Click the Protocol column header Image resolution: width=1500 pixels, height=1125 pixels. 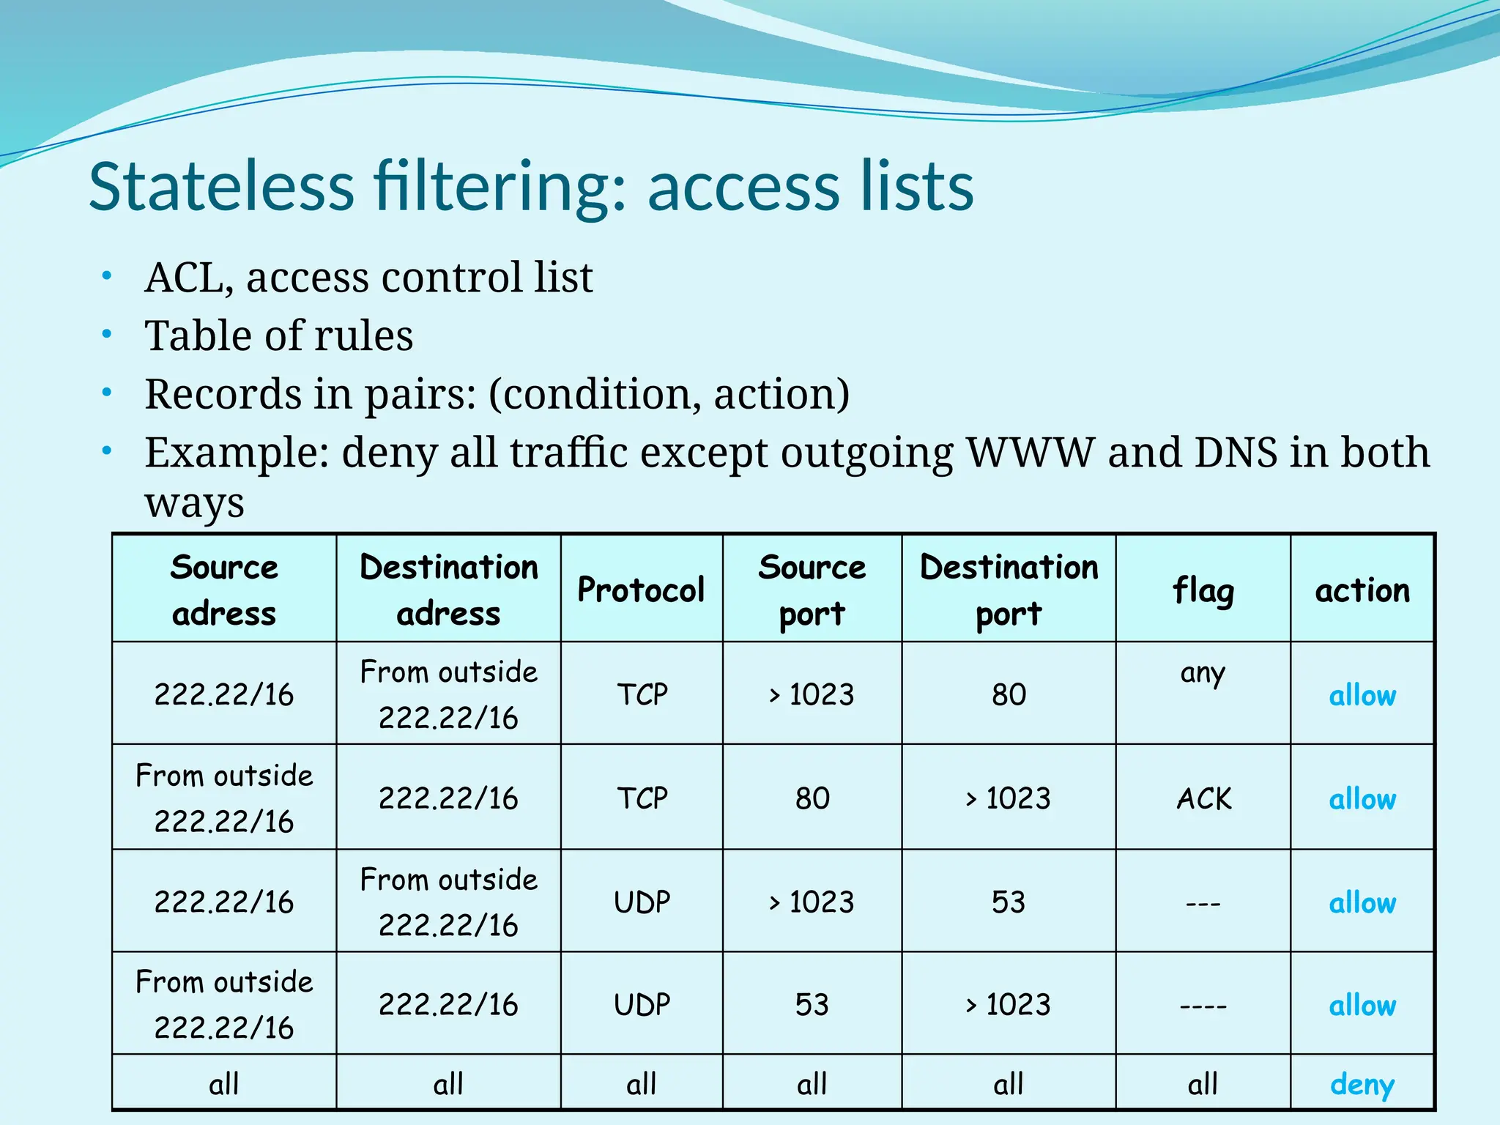tap(641, 590)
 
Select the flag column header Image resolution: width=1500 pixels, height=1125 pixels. tap(1203, 590)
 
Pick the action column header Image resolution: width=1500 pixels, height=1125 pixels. tap(1362, 590)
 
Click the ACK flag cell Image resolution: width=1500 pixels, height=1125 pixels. tap(1203, 798)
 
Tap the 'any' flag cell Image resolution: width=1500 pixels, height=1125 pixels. tap(1202, 672)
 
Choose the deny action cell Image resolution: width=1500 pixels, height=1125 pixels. tap(1362, 1084)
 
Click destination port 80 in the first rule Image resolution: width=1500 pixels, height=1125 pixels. tap(1009, 694)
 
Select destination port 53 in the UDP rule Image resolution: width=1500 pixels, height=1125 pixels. tap(1009, 902)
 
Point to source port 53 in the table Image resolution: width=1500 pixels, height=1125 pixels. tap(812, 1004)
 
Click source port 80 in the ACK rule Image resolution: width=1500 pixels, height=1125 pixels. tap(812, 798)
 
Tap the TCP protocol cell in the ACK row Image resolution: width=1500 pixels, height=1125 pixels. tap(642, 798)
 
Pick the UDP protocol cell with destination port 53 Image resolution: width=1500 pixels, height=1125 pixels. tap(642, 902)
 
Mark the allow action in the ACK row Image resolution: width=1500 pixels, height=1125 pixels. tap(1362, 799)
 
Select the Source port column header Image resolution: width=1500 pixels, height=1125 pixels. tap(812, 590)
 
